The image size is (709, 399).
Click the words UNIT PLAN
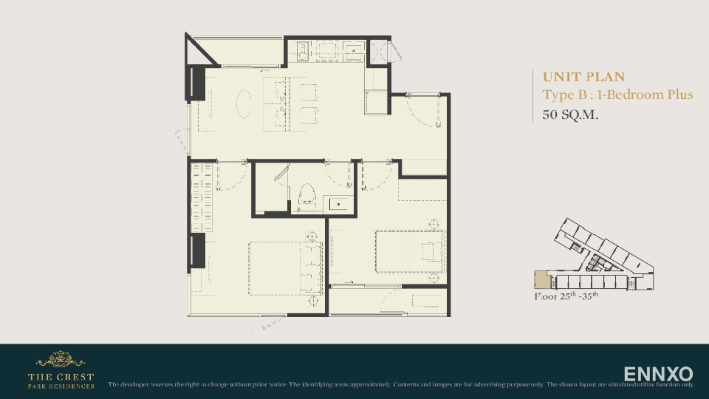[x=583, y=77]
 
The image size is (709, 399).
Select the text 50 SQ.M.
[x=570, y=115]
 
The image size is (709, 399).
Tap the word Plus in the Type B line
[x=677, y=95]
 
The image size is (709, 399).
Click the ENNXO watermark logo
[x=658, y=374]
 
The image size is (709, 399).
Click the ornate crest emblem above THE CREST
[x=61, y=360]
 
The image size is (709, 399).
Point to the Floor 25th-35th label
[x=566, y=297]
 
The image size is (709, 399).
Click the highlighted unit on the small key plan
[x=543, y=281]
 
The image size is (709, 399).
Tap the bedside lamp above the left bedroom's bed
[x=312, y=236]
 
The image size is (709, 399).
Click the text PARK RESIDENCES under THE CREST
[x=61, y=386]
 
